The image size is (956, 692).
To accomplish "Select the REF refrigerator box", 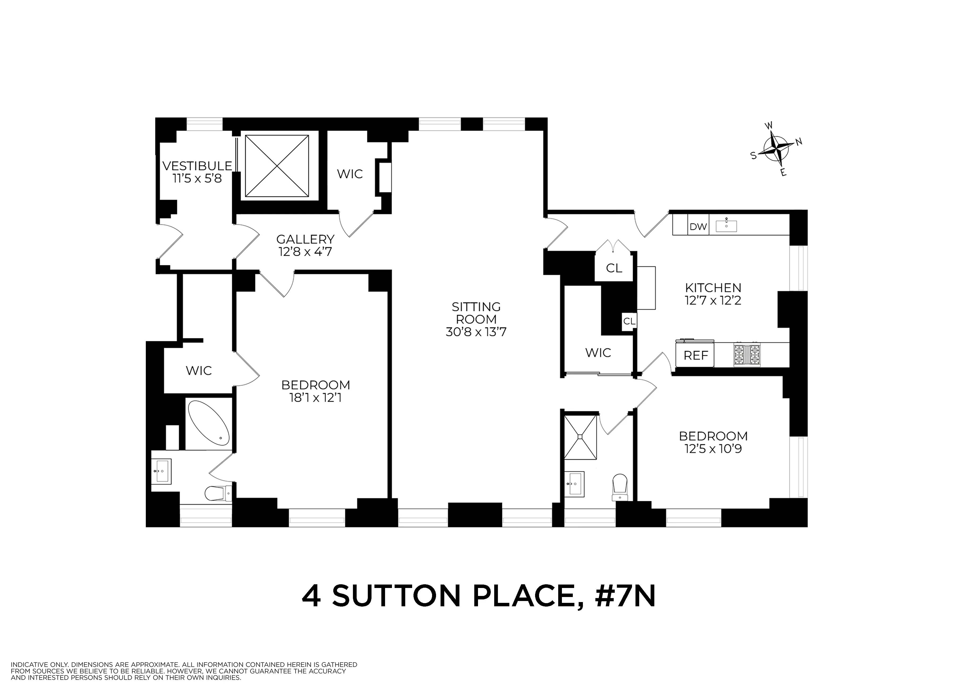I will tap(695, 356).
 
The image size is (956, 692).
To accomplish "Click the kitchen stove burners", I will tap(746, 354).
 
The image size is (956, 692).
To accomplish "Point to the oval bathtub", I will tap(209, 423).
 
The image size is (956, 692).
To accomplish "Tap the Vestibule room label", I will tap(197, 166).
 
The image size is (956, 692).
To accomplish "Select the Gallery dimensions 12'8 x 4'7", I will tap(305, 252).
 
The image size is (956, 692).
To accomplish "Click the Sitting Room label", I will tap(476, 313).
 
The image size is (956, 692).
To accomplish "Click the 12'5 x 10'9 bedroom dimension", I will tap(713, 449).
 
